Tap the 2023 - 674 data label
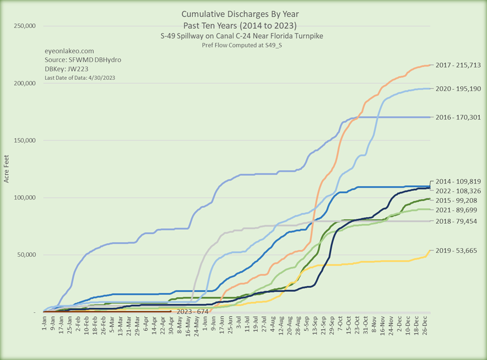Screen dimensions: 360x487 click(x=193, y=311)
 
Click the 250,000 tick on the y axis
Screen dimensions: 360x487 click(x=24, y=26)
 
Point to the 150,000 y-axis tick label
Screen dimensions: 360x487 click(x=24, y=140)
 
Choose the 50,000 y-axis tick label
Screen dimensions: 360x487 click(x=25, y=255)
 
